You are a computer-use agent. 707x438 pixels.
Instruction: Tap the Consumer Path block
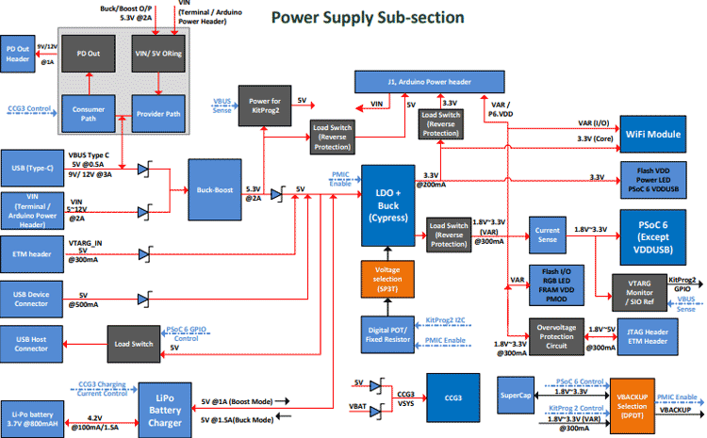[x=90, y=117]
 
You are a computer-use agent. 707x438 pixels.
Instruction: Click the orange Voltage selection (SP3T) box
[x=387, y=280]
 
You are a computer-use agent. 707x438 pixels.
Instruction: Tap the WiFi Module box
[x=648, y=135]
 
